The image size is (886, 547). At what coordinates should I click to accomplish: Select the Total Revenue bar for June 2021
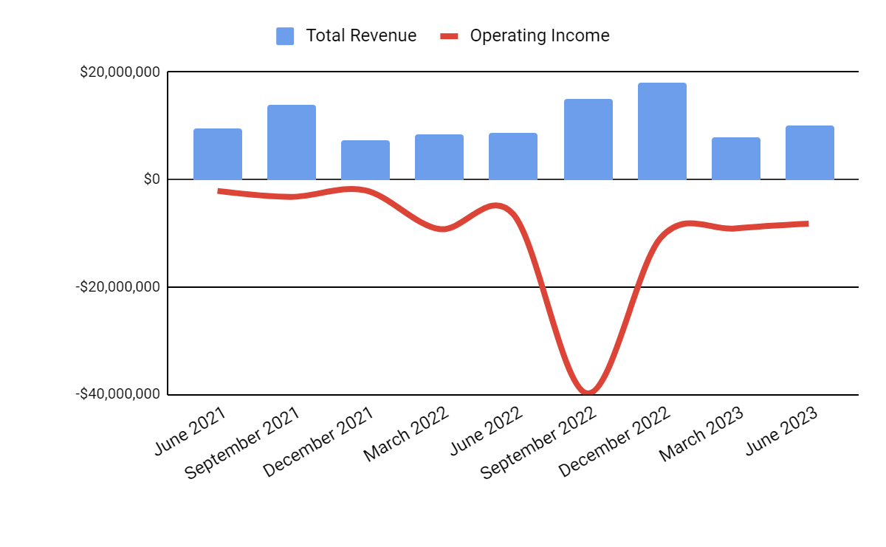coord(218,154)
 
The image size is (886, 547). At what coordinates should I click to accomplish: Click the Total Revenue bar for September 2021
coord(292,142)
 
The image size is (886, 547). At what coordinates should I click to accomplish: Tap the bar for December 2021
coord(365,160)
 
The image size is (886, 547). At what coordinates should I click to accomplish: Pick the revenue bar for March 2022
coord(439,157)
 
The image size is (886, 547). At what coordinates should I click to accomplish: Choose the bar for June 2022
coord(513,156)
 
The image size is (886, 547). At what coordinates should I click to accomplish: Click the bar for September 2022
coord(588,140)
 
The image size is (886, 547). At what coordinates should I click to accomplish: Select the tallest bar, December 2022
coord(662,131)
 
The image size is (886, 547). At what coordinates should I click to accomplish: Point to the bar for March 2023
coord(736,159)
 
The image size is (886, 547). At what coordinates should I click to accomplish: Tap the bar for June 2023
coord(810,153)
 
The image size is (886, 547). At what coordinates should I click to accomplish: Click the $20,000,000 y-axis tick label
coord(120,72)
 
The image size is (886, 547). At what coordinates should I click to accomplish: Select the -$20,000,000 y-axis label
coord(117,286)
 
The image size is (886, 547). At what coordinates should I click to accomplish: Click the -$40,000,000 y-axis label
coord(117,393)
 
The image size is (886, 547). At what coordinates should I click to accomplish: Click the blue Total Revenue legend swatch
coord(285,35)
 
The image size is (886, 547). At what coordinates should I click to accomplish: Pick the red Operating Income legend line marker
coord(450,35)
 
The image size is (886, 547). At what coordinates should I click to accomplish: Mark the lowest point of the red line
coord(588,392)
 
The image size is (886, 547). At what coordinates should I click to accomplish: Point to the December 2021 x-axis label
coord(317,443)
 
